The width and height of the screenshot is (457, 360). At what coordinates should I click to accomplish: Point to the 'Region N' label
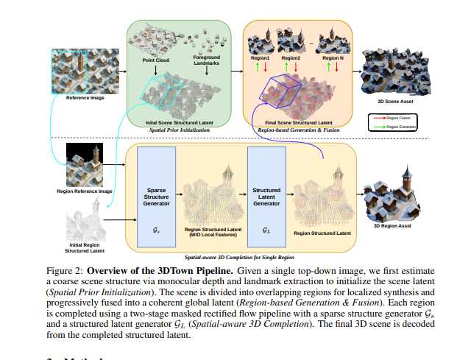pos(332,57)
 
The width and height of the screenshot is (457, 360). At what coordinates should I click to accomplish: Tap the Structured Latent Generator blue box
pos(266,192)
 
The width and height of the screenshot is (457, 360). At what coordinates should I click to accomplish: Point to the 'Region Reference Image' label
pos(85,191)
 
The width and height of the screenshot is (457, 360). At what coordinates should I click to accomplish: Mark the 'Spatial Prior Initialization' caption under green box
pos(181,130)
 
